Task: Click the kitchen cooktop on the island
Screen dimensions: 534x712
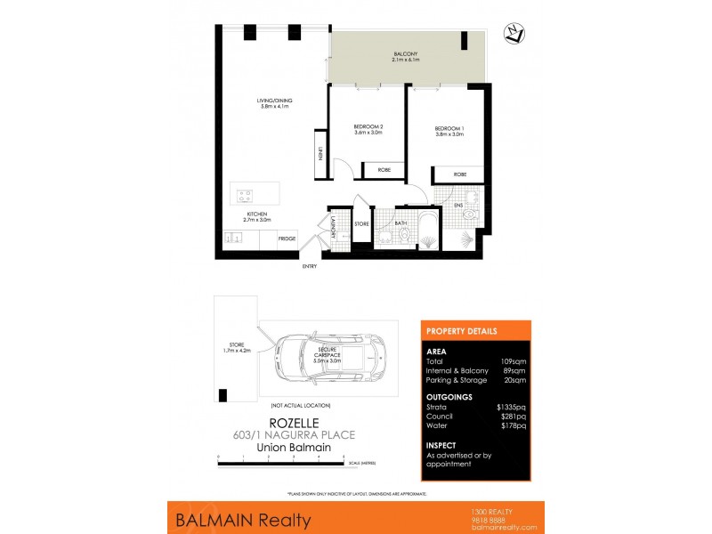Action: click(x=244, y=195)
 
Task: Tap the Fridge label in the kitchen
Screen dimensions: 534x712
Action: click(x=287, y=239)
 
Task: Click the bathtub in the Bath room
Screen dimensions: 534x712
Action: click(x=428, y=228)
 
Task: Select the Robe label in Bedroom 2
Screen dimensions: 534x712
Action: click(x=384, y=169)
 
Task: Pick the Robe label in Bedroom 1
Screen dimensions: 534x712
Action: click(x=460, y=174)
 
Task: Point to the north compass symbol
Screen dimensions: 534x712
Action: click(x=514, y=34)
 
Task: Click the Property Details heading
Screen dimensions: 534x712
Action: click(x=463, y=331)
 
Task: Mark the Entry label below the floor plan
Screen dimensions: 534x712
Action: click(x=310, y=266)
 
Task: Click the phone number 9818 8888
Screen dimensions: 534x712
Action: click(x=486, y=519)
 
